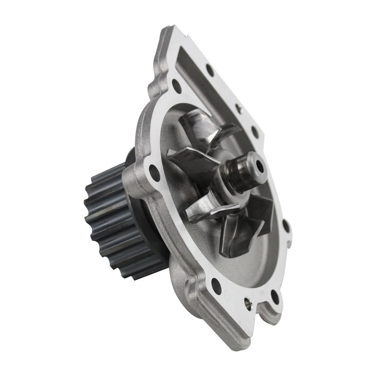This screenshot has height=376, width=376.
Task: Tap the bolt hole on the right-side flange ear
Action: (286, 227)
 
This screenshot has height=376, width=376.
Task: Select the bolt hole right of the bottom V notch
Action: (275, 296)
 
